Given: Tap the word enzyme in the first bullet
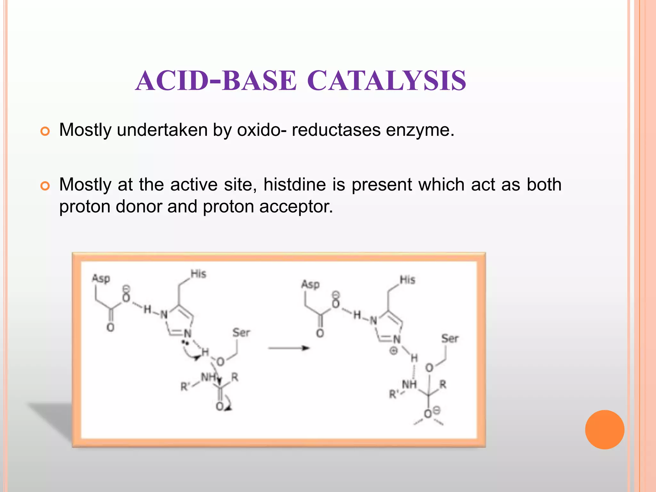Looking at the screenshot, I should pos(420,130).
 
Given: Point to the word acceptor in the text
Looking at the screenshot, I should pos(296,207).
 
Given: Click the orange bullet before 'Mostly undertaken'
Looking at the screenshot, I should pos(45,131).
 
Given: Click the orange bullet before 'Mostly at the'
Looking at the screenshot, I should pos(45,186).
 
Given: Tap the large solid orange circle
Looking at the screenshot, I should pos(604,430).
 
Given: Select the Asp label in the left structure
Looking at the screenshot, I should pos(101,278).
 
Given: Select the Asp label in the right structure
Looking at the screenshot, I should pos(310,284).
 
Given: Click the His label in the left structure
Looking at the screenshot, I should pos(198,274).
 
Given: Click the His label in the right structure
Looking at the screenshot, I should pos(407,280).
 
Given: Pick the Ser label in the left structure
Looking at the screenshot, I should pos(241,332).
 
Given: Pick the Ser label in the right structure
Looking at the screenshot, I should pos(450,338).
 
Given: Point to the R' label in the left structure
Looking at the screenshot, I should pos(185,387).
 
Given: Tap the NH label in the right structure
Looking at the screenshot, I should pos(409,384).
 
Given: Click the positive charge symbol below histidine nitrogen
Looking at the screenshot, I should pos(393,351).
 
